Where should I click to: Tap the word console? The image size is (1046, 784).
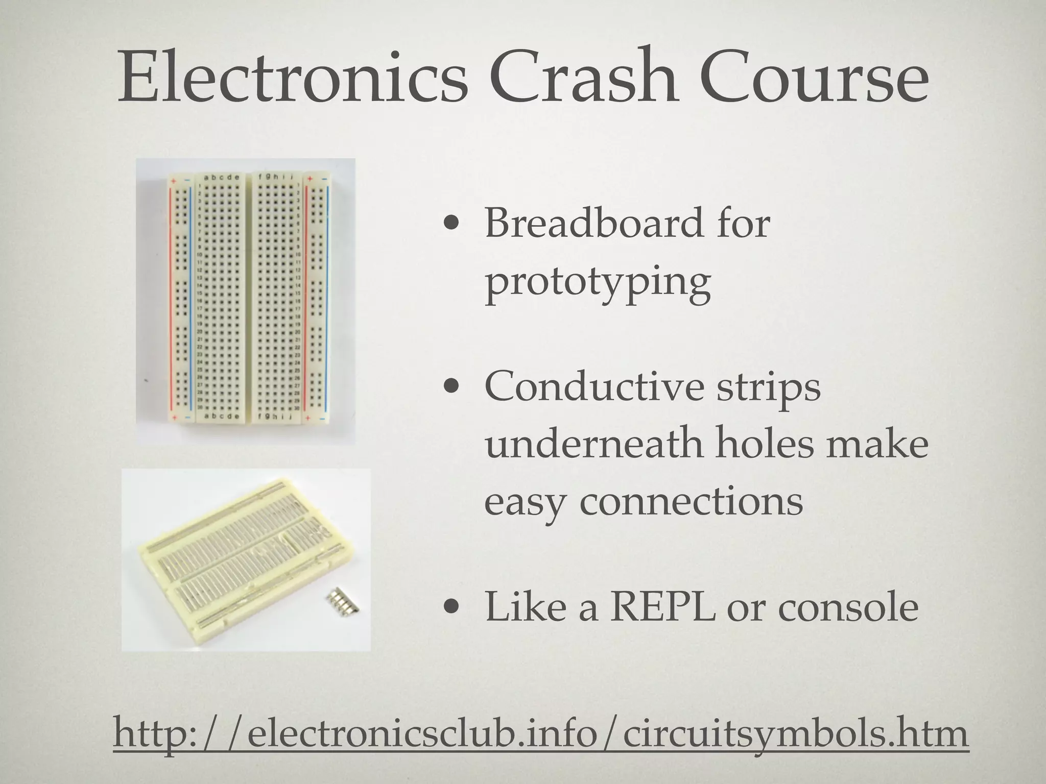(x=848, y=607)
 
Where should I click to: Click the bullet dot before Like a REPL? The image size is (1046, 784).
(x=450, y=608)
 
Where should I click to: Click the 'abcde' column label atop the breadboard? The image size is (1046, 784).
(x=221, y=178)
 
